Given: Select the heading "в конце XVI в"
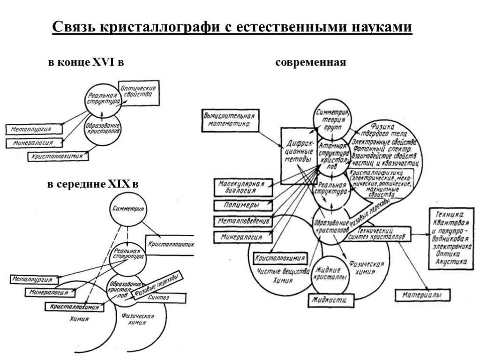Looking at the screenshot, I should pos(86,62).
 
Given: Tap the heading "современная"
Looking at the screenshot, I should pos(311,62).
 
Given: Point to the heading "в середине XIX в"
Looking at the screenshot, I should pos(93,185).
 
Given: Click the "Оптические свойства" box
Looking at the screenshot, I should pos(138,92).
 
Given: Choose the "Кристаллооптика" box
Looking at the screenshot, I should pos(170,244).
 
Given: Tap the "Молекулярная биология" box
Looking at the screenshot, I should pos(242,187).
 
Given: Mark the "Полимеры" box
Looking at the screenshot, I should pos(242,205).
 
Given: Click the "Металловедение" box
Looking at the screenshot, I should pos(243,221).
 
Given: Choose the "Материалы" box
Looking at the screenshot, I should pos(422,295).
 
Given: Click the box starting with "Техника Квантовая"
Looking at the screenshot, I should pos(450,237).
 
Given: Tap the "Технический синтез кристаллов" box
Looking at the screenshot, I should pos(380,234).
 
